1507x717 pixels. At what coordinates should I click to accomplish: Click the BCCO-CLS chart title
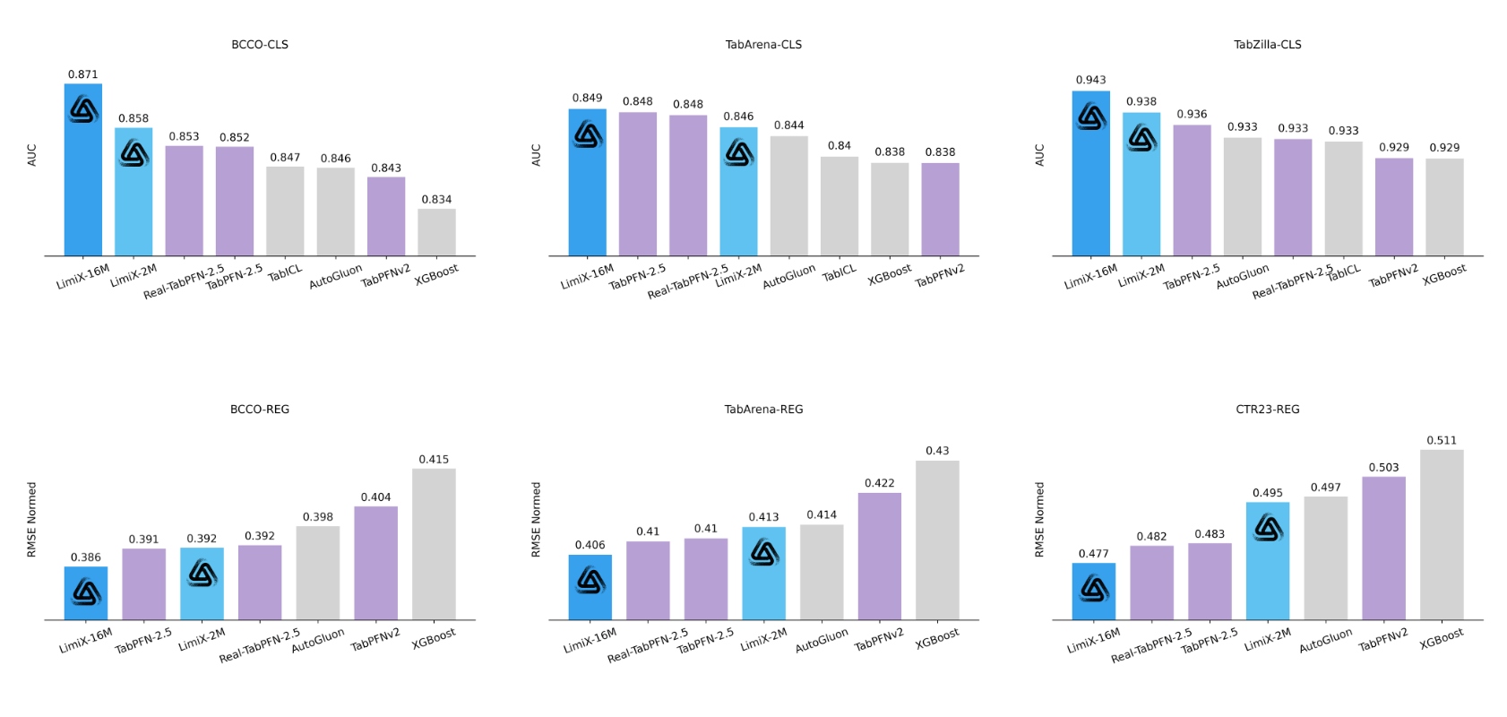(x=260, y=45)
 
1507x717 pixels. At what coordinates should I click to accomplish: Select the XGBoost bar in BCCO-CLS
(x=436, y=232)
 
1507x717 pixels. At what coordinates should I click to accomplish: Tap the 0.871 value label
(x=83, y=74)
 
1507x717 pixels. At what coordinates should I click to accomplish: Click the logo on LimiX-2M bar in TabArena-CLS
(x=739, y=153)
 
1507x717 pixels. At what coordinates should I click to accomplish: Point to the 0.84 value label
(x=840, y=146)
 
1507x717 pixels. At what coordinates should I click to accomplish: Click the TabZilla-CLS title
(x=1267, y=45)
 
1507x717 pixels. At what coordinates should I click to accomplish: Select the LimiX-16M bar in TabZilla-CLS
(x=1090, y=179)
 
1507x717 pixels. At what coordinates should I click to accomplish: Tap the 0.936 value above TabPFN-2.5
(x=1192, y=115)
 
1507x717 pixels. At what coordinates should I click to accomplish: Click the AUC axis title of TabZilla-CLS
(x=1040, y=155)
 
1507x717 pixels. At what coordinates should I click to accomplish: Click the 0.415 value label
(x=434, y=460)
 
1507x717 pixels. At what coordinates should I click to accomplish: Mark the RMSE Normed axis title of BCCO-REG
(x=32, y=520)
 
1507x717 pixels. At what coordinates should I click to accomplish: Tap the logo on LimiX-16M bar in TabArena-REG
(x=591, y=582)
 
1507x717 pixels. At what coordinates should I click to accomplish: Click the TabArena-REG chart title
(x=763, y=410)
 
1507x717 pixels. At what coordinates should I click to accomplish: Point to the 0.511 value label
(x=1442, y=441)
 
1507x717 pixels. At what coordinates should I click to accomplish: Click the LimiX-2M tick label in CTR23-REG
(x=1268, y=639)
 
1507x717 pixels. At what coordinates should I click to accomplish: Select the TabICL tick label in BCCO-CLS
(x=286, y=272)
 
